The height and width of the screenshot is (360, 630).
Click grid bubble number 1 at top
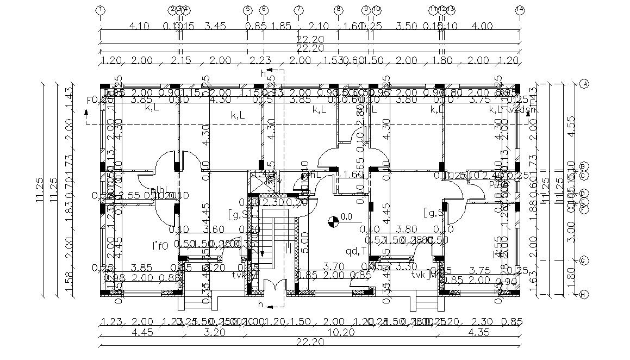[100, 10]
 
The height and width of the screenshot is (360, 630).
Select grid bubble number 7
[298, 10]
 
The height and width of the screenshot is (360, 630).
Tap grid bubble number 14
[520, 10]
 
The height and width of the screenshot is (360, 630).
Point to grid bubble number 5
[248, 10]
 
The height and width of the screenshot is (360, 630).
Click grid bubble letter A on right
[585, 84]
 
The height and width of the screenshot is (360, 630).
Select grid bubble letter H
[585, 295]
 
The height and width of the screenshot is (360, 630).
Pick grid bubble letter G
[585, 260]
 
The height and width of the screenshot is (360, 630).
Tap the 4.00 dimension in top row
[482, 26]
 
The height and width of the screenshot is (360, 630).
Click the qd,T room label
[355, 251]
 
